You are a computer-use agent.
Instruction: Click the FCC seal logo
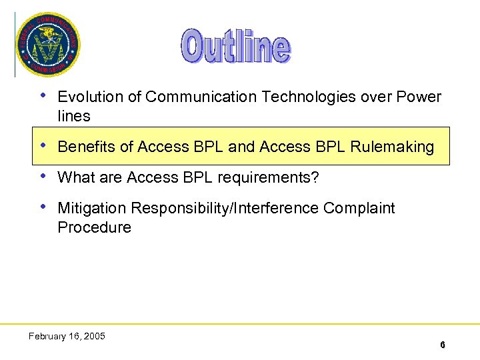pyautogui.click(x=47, y=45)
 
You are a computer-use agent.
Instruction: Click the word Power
pyautogui.click(x=419, y=97)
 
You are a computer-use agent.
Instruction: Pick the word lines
pyautogui.click(x=73, y=116)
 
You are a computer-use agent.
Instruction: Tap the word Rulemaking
pyautogui.click(x=393, y=147)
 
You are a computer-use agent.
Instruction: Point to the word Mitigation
pyautogui.click(x=91, y=209)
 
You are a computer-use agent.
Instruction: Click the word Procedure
pyautogui.click(x=94, y=227)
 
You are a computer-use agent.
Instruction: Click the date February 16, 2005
pyautogui.click(x=67, y=336)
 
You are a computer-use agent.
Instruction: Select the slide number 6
pyautogui.click(x=442, y=345)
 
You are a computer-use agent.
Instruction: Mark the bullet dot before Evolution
pyautogui.click(x=43, y=95)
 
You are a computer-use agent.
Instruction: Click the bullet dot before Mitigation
pyautogui.click(x=43, y=207)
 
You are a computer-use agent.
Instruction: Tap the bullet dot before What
pyautogui.click(x=43, y=177)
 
